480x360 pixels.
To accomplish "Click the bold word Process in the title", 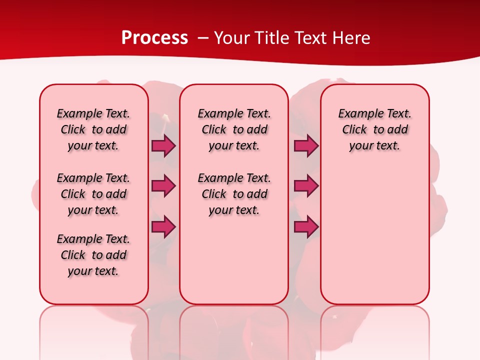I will point(154,38).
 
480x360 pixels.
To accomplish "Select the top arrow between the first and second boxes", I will point(163,146).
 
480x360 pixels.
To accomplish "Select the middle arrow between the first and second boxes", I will point(163,186).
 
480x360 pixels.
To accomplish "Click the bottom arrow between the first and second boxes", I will point(163,227).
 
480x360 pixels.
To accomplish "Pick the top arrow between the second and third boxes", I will point(306,146).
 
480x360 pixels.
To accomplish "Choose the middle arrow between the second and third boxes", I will point(306,186).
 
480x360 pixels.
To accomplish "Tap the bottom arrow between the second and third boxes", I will point(306,227).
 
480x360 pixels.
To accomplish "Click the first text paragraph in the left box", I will point(93,129).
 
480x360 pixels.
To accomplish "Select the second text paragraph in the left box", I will point(93,194).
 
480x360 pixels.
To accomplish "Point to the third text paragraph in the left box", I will point(93,255).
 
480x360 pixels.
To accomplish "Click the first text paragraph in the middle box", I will point(234,129).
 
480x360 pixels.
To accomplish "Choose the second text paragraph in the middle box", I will point(234,194).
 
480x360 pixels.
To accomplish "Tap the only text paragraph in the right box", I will point(374,129).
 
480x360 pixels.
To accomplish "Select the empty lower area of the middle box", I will point(234,260).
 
